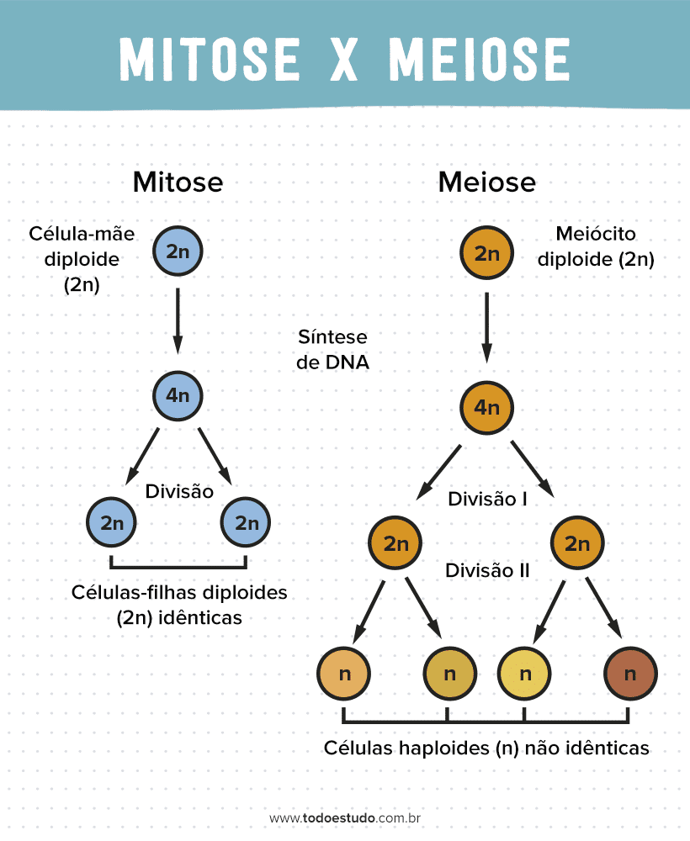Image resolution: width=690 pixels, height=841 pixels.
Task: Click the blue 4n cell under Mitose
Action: [178, 394]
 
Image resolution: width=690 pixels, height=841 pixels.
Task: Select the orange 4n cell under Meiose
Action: [487, 408]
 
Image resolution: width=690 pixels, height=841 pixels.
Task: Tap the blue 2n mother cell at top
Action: [178, 251]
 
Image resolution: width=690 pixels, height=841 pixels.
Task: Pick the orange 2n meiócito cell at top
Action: [487, 253]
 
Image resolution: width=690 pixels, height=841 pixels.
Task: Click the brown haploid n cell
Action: [630, 674]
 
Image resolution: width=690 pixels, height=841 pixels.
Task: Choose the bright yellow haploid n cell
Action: [525, 674]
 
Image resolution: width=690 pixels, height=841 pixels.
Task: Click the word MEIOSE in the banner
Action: [480, 58]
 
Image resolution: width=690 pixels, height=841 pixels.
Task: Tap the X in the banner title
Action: [345, 58]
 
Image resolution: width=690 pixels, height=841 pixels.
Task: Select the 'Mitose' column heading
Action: [178, 182]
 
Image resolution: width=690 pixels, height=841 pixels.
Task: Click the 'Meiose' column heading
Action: [486, 182]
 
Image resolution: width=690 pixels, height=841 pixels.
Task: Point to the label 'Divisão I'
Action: [487, 500]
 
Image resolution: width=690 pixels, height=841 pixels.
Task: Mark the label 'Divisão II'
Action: [487, 570]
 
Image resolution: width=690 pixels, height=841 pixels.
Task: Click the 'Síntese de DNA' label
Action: [333, 350]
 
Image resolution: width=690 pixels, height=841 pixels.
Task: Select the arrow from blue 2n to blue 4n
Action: [178, 321]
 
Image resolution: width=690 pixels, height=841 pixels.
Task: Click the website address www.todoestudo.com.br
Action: [345, 817]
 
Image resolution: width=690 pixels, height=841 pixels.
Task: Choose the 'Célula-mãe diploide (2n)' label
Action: [82, 258]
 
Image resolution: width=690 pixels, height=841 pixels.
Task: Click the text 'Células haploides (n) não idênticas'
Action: [486, 748]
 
